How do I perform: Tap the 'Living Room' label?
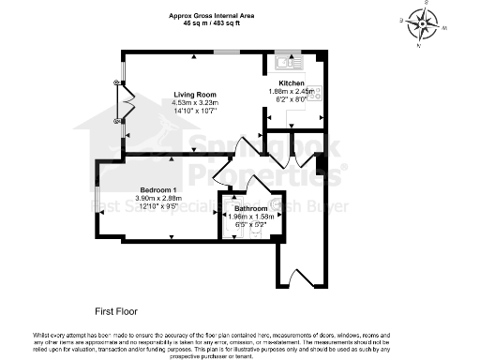coord(194,94)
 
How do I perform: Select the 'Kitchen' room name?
coord(292,83)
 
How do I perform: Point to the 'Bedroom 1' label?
coord(158,190)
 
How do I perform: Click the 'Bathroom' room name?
coord(250,208)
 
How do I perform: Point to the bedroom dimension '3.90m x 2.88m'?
coord(158,199)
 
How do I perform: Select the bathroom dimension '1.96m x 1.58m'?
coord(250,217)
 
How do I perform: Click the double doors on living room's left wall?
coord(120,103)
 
